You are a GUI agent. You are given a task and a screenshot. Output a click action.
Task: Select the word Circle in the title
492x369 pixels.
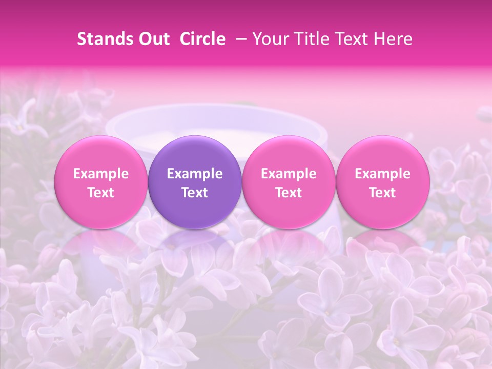tap(201, 39)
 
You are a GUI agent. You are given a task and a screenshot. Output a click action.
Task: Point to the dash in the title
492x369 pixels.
tap(239, 39)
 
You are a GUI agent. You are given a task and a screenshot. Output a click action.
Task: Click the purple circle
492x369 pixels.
tap(195, 182)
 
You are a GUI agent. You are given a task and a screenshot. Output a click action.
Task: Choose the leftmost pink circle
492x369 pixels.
tap(101, 182)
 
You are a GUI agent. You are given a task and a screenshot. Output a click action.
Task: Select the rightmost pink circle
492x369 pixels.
tap(383, 182)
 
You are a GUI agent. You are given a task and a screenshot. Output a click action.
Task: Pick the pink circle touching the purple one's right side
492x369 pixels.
tap(289, 182)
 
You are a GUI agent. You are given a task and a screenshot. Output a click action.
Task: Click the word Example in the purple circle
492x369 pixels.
tap(195, 174)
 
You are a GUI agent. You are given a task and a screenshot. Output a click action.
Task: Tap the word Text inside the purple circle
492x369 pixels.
tap(195, 193)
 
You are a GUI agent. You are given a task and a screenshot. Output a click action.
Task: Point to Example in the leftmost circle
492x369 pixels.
tap(101, 174)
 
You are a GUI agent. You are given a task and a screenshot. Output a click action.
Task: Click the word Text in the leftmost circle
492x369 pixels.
tap(101, 193)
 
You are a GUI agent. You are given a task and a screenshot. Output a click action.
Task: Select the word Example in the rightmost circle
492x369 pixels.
tap(383, 174)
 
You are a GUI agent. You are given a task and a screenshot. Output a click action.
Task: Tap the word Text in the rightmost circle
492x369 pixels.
tap(383, 193)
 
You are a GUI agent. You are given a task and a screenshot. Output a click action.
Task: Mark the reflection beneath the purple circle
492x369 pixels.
tap(195, 243)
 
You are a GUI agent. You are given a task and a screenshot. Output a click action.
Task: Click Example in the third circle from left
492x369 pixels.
tap(289, 174)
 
